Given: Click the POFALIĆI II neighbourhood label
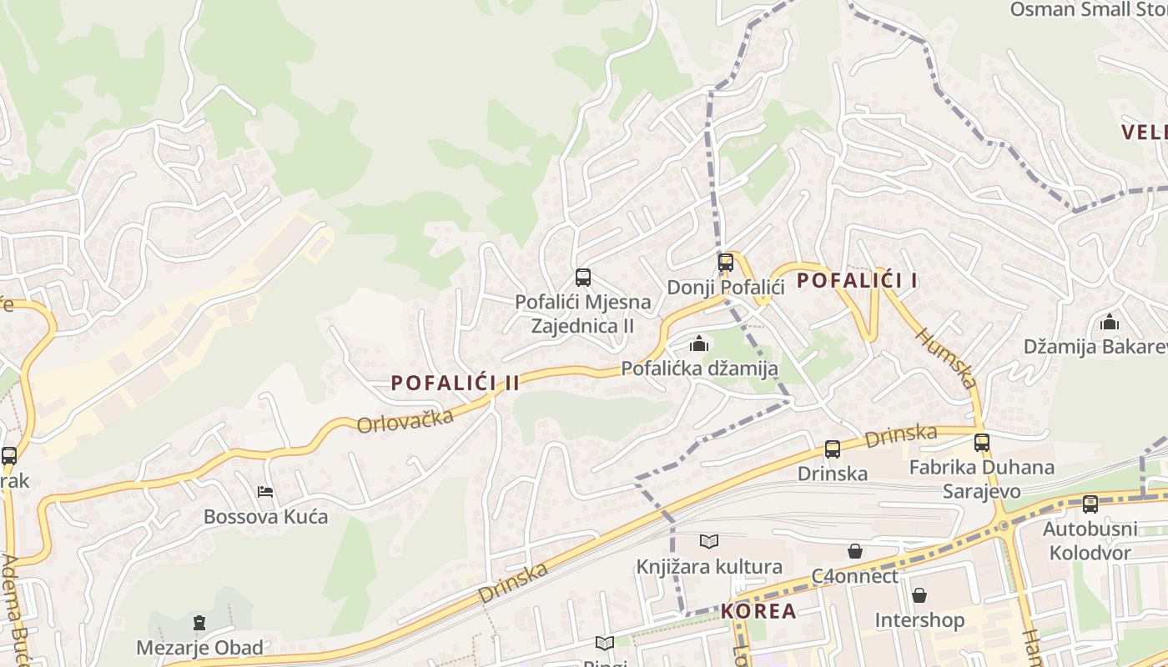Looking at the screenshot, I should [456, 383].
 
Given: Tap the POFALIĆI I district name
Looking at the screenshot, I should [857, 280].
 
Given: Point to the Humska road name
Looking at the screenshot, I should [946, 358].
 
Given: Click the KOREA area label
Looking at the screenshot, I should [758, 611].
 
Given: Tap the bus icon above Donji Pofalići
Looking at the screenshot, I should [725, 263].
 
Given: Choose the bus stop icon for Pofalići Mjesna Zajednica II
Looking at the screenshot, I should [583, 278].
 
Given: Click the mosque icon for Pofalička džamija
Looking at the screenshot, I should [699, 343].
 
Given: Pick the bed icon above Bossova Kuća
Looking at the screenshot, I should [265, 492].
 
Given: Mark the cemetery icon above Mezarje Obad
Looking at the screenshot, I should [199, 622].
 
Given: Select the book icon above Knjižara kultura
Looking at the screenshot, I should [709, 542].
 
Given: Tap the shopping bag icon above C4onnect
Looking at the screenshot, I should [854, 551].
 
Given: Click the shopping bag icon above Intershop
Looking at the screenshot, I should [919, 595].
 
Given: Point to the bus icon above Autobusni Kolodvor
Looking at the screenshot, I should [1090, 504].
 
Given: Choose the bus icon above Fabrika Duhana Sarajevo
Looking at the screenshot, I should [981, 443].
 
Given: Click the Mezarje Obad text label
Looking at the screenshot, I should [199, 647].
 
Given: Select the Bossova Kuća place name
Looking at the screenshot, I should [265, 517].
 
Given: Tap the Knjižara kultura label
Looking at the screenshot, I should [709, 567].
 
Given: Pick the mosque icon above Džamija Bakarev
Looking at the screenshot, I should [1110, 322].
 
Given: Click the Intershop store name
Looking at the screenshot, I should [919, 620].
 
